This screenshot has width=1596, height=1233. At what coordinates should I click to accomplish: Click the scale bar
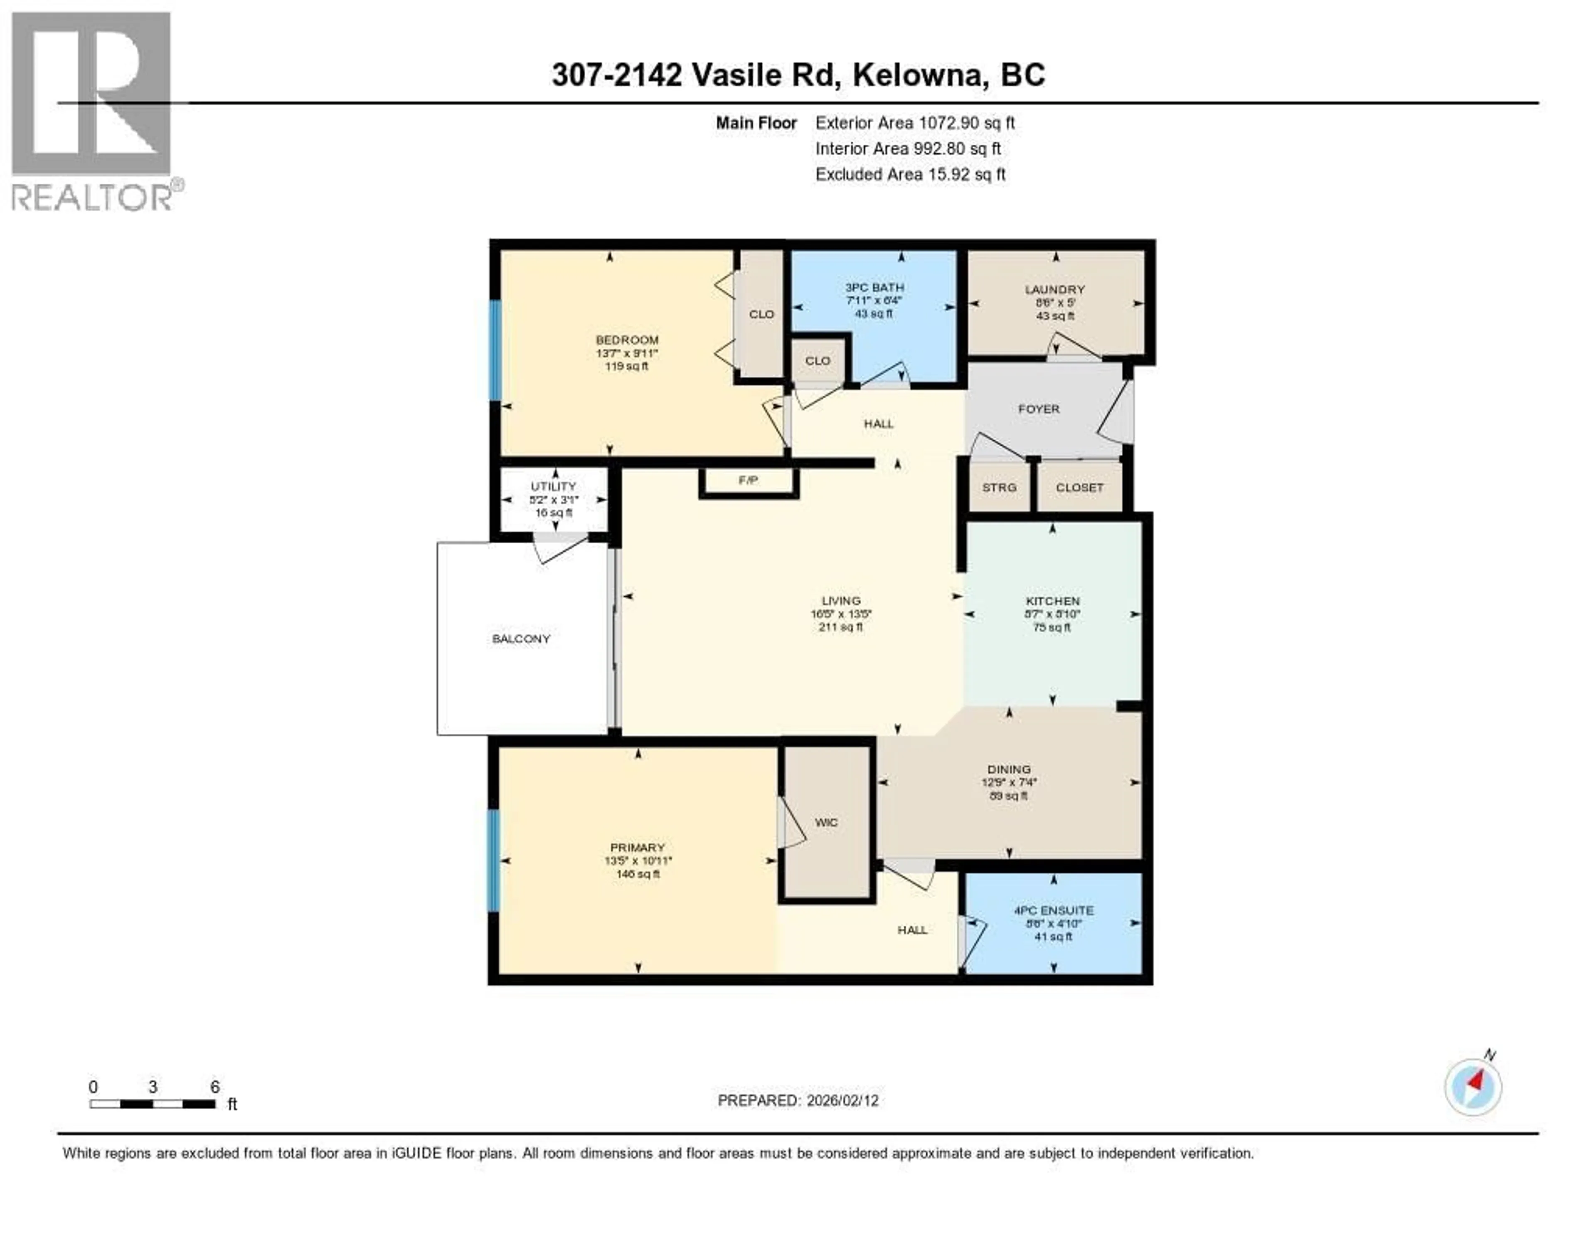[x=153, y=1104]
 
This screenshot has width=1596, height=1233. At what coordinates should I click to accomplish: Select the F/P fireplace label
[x=748, y=480]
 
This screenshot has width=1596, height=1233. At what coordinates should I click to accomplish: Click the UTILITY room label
[x=553, y=486]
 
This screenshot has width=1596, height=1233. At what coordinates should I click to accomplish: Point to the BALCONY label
[x=521, y=639]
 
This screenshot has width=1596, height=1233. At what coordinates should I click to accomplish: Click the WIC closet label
[x=827, y=822]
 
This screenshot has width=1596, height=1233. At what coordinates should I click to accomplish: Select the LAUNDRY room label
[x=1054, y=289]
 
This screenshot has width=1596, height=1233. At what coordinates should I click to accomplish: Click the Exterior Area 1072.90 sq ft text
[x=915, y=123]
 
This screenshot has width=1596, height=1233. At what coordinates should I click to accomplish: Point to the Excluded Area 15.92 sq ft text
[x=911, y=174]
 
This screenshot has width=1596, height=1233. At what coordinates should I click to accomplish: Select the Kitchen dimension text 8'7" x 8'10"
[x=1052, y=614]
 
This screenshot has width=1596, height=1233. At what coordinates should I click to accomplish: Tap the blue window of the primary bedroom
[x=494, y=860]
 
